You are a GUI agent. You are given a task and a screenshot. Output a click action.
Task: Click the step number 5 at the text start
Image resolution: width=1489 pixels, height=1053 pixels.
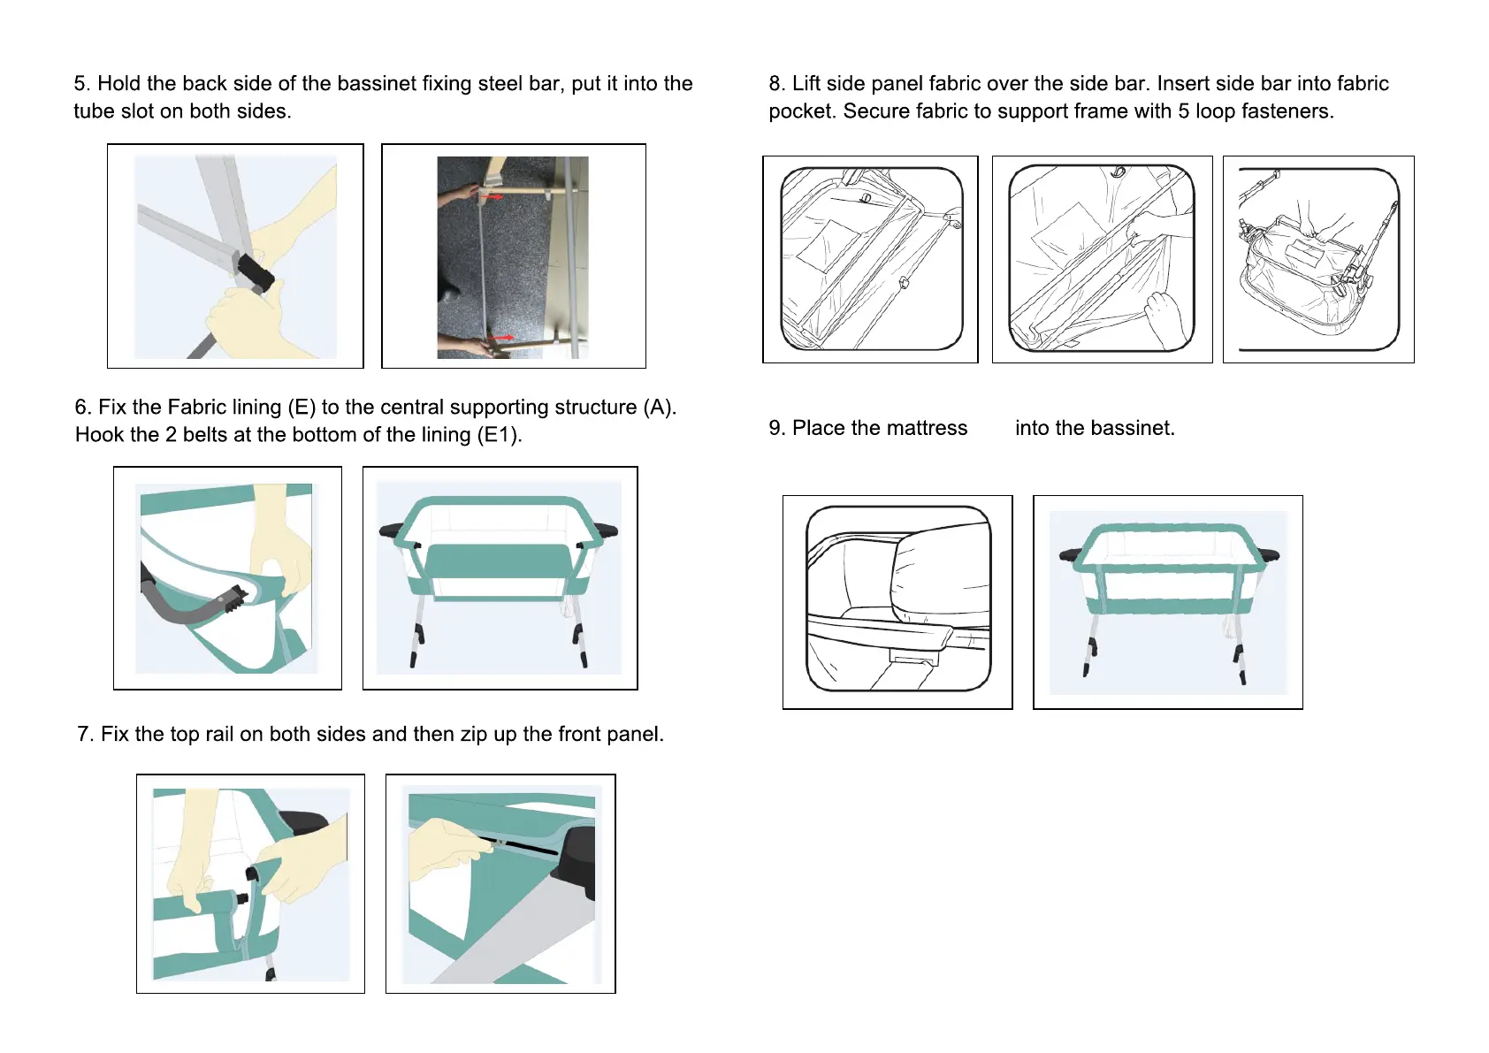click(x=80, y=84)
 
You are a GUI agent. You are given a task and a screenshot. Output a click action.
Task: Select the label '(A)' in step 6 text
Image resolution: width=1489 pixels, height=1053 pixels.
click(x=659, y=408)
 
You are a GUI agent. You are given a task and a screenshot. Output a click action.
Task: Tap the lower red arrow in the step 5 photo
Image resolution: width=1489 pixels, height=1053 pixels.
click(x=502, y=338)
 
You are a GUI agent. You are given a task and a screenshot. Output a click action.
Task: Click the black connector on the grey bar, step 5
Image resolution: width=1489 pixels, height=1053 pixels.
click(x=255, y=271)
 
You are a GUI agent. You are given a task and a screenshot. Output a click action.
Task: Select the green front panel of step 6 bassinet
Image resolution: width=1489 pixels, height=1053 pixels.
click(x=499, y=561)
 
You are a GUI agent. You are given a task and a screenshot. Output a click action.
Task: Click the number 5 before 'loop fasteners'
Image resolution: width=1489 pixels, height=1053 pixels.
click(x=1183, y=111)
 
